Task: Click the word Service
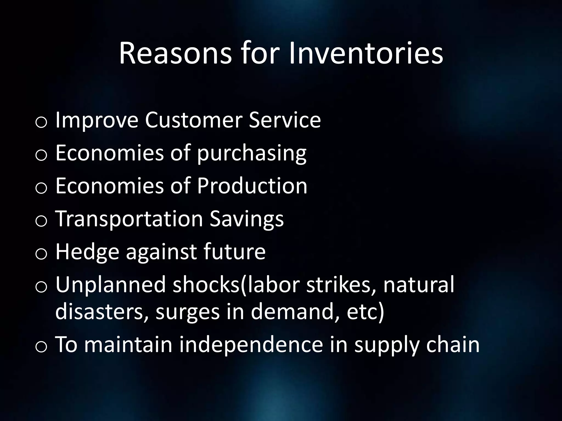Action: [285, 120]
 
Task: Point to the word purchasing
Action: [252, 153]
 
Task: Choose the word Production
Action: [252, 186]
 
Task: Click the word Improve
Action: [97, 120]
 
